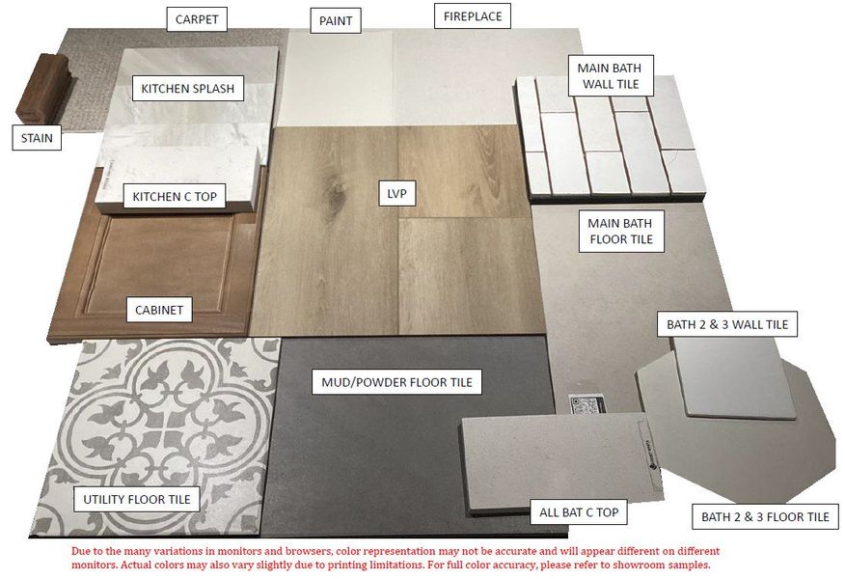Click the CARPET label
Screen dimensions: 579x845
pos(198,18)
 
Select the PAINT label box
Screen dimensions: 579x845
pos(336,20)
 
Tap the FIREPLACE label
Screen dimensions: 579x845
pos(472,16)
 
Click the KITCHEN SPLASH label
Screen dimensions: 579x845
pos(187,89)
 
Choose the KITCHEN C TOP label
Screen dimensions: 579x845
pos(175,197)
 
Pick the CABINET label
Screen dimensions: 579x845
pos(160,310)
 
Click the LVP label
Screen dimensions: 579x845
pos(396,194)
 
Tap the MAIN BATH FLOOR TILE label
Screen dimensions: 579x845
pos(621,231)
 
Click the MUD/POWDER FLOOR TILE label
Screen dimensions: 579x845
pos(396,382)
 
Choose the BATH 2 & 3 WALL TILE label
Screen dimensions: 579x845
pos(727,324)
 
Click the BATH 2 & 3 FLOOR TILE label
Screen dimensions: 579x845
pos(765,517)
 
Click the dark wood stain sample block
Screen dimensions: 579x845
pos(42,87)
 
